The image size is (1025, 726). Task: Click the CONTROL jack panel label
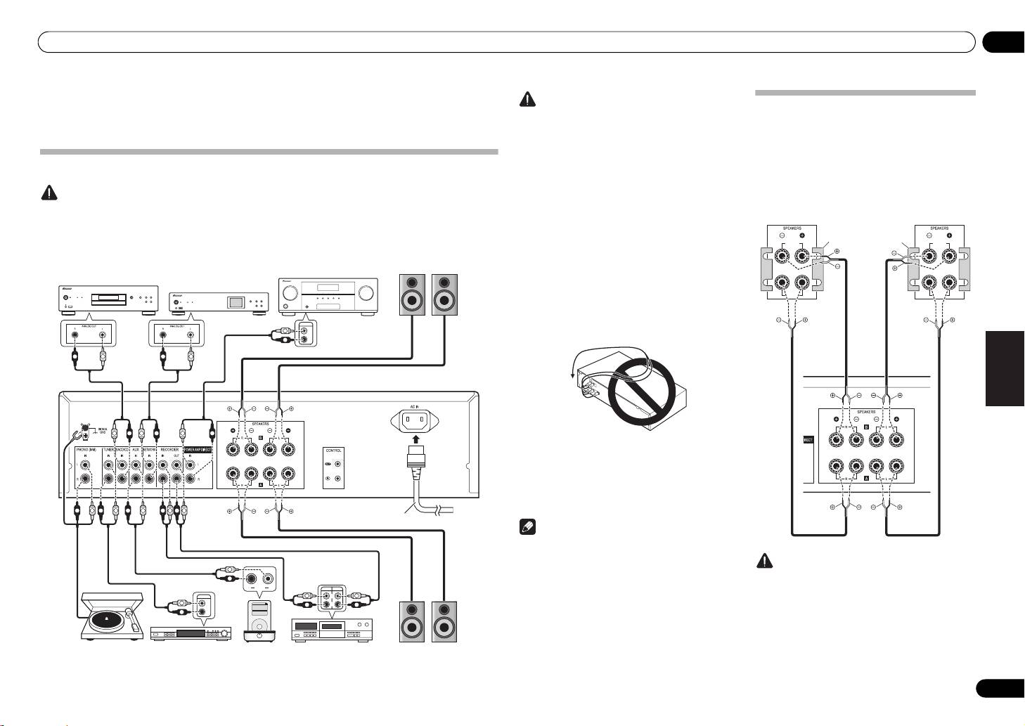(334, 450)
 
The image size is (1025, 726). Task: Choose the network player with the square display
(220, 303)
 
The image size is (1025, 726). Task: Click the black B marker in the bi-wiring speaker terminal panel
(866, 427)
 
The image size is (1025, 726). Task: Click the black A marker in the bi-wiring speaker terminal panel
(866, 477)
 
